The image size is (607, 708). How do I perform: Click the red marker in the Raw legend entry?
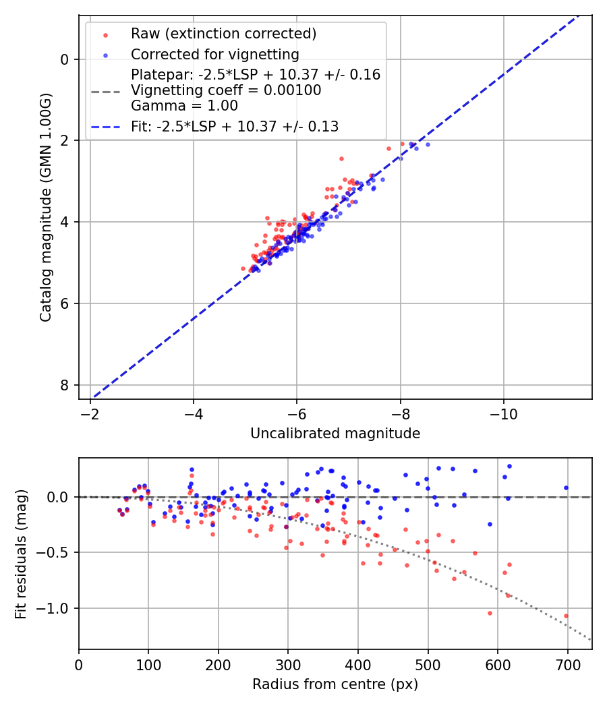point(105,34)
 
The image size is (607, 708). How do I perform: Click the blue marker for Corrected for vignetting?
point(105,54)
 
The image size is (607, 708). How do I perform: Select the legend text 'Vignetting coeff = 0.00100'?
point(226,90)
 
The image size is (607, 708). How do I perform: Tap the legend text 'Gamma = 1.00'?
point(184,105)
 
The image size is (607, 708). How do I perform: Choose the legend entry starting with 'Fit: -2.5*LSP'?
point(234,126)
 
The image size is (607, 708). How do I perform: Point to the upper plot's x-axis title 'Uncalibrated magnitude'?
point(335,434)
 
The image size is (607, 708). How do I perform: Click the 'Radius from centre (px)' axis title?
point(335,684)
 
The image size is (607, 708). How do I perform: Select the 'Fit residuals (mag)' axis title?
point(21,554)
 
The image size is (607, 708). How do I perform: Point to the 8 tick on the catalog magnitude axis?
point(65,385)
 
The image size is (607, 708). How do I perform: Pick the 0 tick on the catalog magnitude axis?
point(65,59)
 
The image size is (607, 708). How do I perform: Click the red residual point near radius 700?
point(566,616)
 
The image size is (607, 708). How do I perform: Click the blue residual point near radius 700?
point(566,488)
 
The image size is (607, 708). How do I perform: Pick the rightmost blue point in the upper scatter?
point(427,144)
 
